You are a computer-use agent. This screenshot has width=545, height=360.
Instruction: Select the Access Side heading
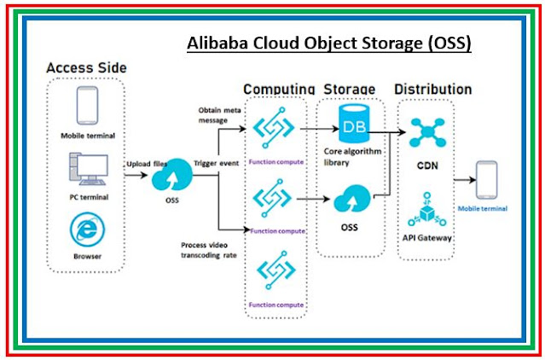coord(84,67)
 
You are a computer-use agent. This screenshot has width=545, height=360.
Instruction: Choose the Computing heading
coord(280,90)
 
